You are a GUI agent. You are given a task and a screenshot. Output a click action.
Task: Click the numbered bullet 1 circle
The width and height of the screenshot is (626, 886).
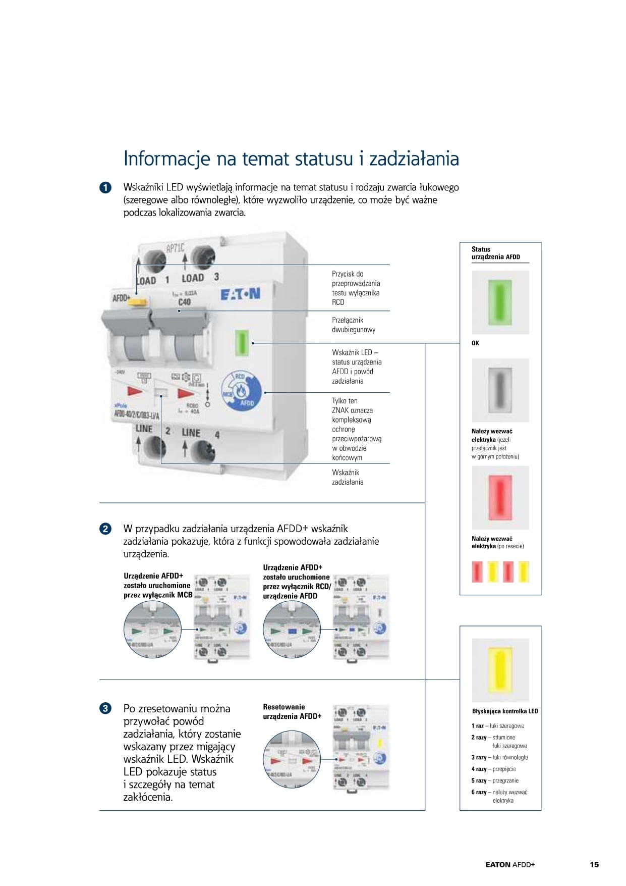[x=105, y=188]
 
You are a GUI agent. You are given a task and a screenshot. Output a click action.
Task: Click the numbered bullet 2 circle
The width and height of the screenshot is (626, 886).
[x=105, y=529]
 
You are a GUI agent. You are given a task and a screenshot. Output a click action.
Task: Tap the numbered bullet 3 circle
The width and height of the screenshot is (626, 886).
[x=105, y=708]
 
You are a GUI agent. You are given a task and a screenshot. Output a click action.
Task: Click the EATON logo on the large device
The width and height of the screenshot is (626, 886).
[x=240, y=294]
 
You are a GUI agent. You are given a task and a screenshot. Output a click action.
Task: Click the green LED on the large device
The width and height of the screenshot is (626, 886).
[x=242, y=343]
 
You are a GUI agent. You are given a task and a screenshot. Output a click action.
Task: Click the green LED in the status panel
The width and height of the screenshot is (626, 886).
[x=500, y=302]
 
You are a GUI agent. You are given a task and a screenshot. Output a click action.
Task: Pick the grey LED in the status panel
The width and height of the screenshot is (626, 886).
[x=500, y=390]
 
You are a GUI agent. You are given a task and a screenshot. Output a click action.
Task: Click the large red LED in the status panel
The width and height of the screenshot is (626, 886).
[x=500, y=497]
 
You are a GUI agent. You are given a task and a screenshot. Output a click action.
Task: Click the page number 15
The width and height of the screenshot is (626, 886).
[x=594, y=865]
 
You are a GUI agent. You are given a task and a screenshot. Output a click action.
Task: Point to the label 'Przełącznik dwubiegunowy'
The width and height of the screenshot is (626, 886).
[x=354, y=325]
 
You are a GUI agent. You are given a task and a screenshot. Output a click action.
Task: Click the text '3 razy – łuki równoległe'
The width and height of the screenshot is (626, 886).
[x=499, y=757]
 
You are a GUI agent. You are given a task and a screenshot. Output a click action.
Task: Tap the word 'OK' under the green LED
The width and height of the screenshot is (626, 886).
[x=475, y=343]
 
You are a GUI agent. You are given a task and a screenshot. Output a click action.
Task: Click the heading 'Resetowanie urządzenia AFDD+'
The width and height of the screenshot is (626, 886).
[x=292, y=711]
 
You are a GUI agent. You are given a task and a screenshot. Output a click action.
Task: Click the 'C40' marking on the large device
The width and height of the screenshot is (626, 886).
[x=185, y=302]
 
